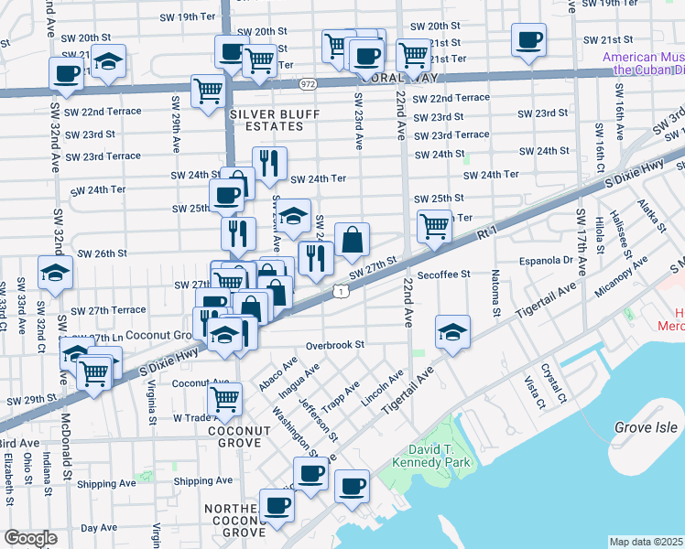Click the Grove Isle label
coord(647,427)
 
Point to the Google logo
coord(30,538)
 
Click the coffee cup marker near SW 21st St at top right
coord(528,40)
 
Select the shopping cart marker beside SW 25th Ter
coord(434,224)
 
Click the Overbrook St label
coord(335,346)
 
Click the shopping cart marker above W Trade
coord(224,398)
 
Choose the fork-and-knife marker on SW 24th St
coord(269,163)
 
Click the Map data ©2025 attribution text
coord(647,542)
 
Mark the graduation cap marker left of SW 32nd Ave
coord(55,273)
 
